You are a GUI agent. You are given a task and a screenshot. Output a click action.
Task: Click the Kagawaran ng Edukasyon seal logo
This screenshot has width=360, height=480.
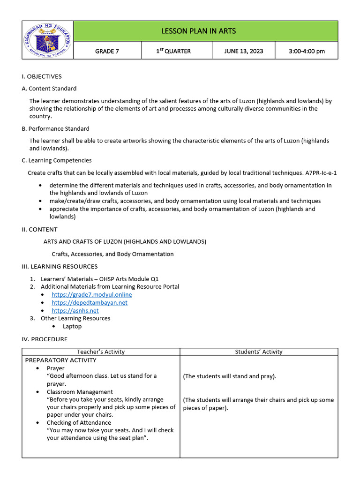[47, 40]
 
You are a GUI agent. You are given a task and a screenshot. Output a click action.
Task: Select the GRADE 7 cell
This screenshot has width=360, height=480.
[107, 51]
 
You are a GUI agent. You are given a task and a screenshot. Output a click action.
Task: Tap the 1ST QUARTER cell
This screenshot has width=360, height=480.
[173, 51]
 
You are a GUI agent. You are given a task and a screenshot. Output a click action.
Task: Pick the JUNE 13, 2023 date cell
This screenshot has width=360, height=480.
[243, 51]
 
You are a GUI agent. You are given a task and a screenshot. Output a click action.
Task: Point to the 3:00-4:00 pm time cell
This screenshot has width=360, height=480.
[307, 51]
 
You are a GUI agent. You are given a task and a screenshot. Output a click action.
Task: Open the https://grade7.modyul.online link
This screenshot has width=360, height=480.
[91, 294]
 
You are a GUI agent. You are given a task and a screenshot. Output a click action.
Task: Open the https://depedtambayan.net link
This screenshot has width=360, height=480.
[89, 302]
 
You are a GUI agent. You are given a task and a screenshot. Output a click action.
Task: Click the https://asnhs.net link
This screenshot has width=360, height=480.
[75, 310]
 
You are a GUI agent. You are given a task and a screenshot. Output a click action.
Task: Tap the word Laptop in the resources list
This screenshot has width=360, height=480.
[72, 326]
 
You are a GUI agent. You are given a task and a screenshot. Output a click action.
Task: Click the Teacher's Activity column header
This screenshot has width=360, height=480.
[101, 352]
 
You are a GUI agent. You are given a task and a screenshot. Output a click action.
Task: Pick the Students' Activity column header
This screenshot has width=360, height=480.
[259, 352]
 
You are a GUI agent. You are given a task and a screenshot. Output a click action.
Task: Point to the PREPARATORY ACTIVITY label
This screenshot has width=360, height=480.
[60, 360]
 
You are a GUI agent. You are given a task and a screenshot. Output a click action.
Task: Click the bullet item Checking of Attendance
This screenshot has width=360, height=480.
[79, 422]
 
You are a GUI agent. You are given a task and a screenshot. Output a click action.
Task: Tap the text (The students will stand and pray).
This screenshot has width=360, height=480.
[229, 376]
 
